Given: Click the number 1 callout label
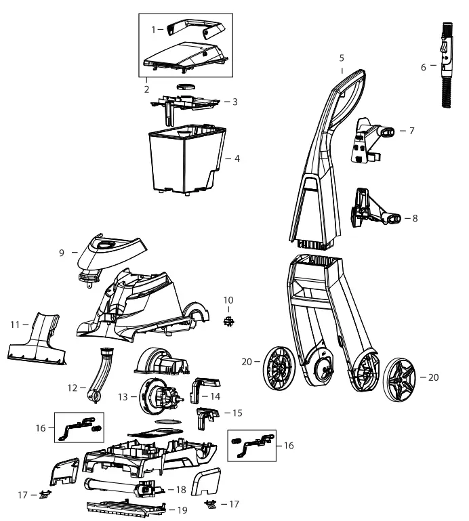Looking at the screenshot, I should (152, 30).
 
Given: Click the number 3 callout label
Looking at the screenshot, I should (234, 102).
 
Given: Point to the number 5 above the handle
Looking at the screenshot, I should (342, 60).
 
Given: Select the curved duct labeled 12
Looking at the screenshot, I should (102, 373).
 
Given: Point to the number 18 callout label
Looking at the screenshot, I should (179, 488).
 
